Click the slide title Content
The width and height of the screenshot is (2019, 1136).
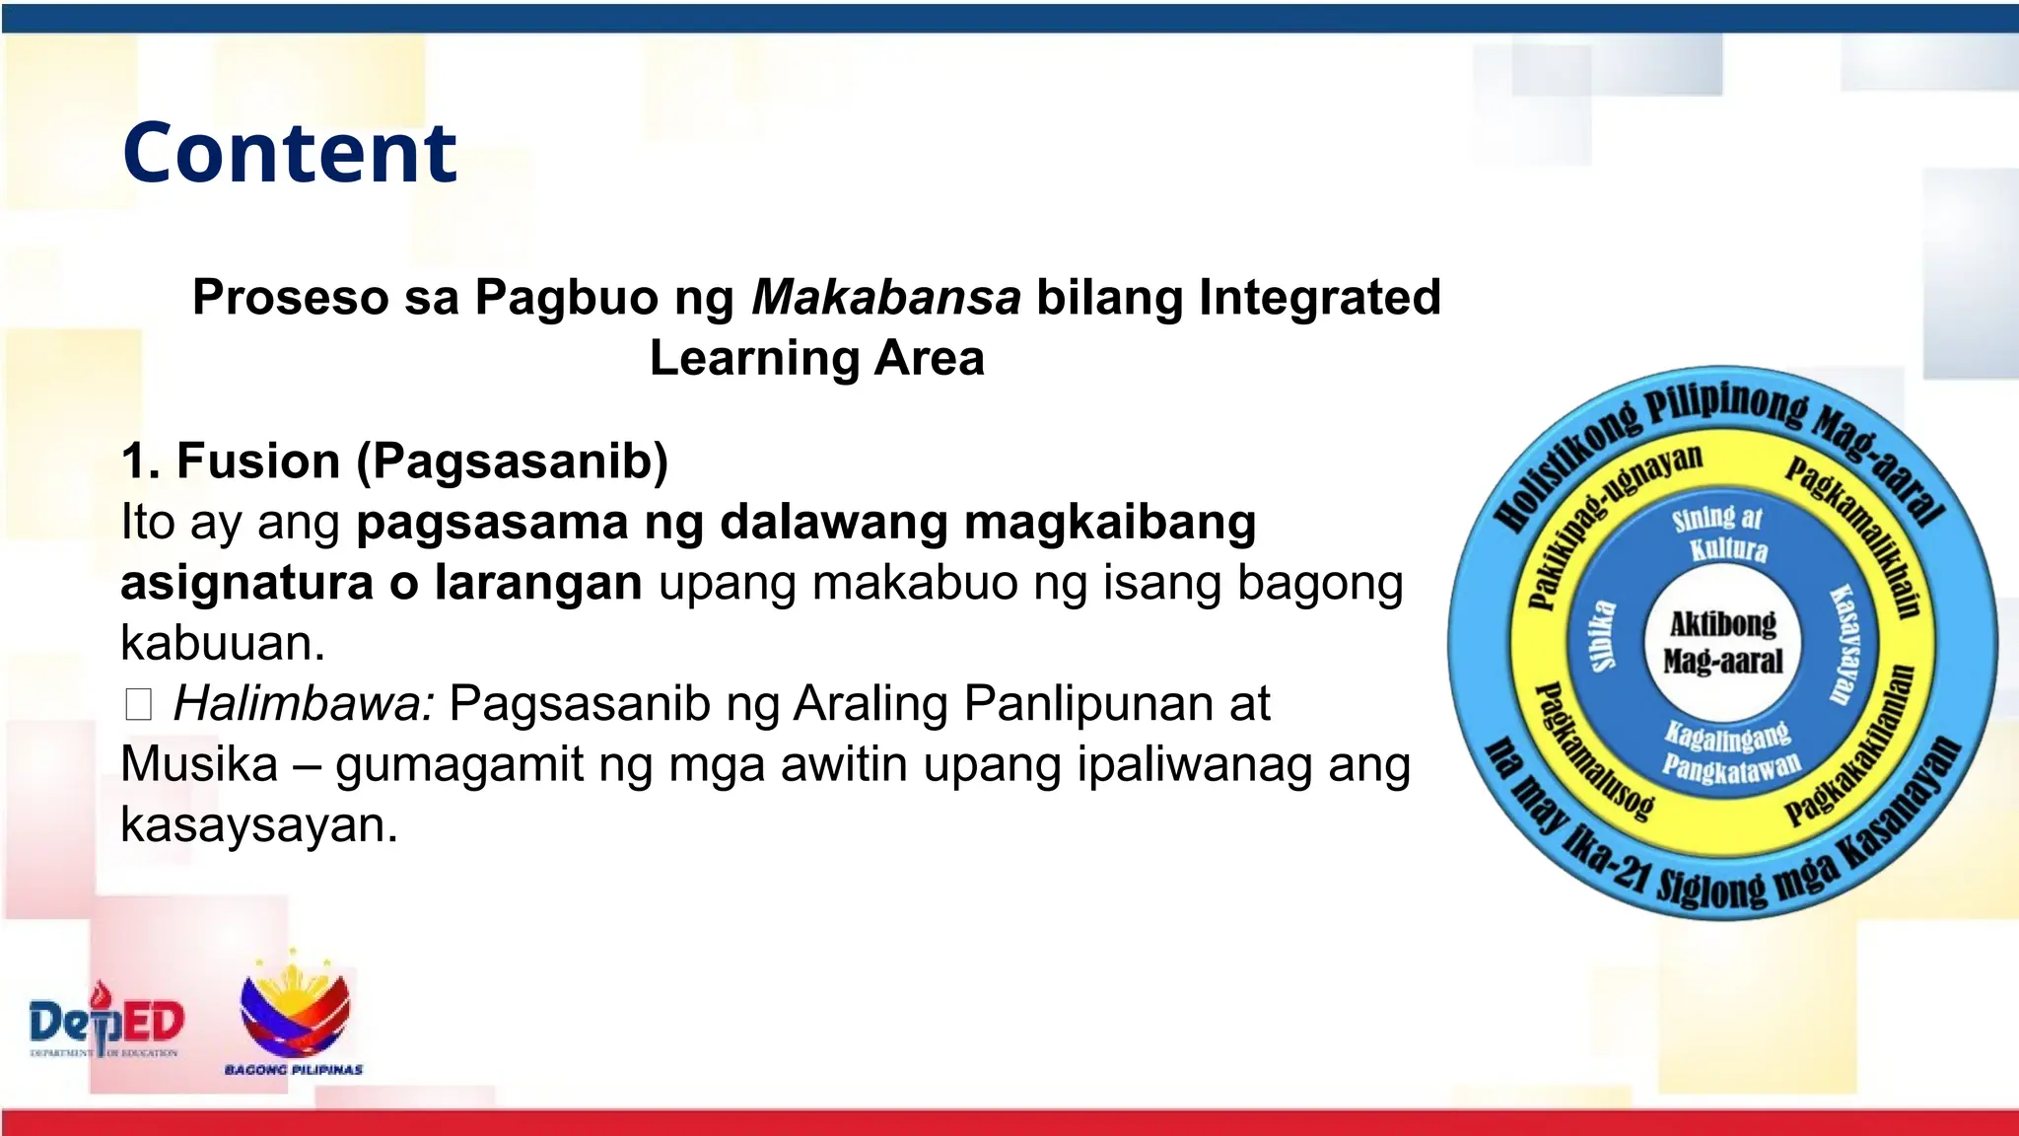[x=290, y=153]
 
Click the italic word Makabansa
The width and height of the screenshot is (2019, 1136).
[x=885, y=297]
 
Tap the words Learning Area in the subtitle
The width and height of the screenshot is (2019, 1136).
[x=816, y=358]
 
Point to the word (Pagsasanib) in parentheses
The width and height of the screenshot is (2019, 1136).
[x=512, y=461]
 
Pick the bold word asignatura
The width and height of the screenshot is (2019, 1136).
[x=246, y=582]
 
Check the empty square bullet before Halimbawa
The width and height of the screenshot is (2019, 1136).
[x=138, y=705]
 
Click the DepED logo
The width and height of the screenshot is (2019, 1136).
[x=105, y=1023]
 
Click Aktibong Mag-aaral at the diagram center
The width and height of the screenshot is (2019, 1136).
[x=1722, y=642]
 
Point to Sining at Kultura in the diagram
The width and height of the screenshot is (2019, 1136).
[x=1720, y=533]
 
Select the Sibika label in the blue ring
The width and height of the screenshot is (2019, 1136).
[x=1604, y=636]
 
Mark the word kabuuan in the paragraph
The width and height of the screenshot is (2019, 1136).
[x=222, y=643]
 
